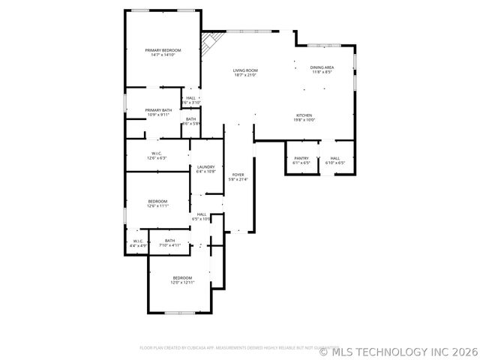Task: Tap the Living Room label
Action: click(245, 70)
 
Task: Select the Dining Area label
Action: click(322, 67)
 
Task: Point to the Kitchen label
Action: click(304, 115)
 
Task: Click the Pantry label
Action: click(301, 158)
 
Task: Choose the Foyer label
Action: click(238, 174)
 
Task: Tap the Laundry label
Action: click(206, 166)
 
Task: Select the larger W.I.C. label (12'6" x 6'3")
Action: click(157, 154)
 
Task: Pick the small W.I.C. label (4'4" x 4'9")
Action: click(138, 241)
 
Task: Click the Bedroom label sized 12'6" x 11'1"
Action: click(157, 201)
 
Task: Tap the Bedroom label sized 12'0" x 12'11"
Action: click(182, 277)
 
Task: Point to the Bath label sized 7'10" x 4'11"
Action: click(169, 241)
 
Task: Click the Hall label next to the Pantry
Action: click(334, 158)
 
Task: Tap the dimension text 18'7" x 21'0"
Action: click(245, 75)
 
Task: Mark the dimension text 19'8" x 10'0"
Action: click(304, 120)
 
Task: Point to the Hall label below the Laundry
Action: click(202, 214)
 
